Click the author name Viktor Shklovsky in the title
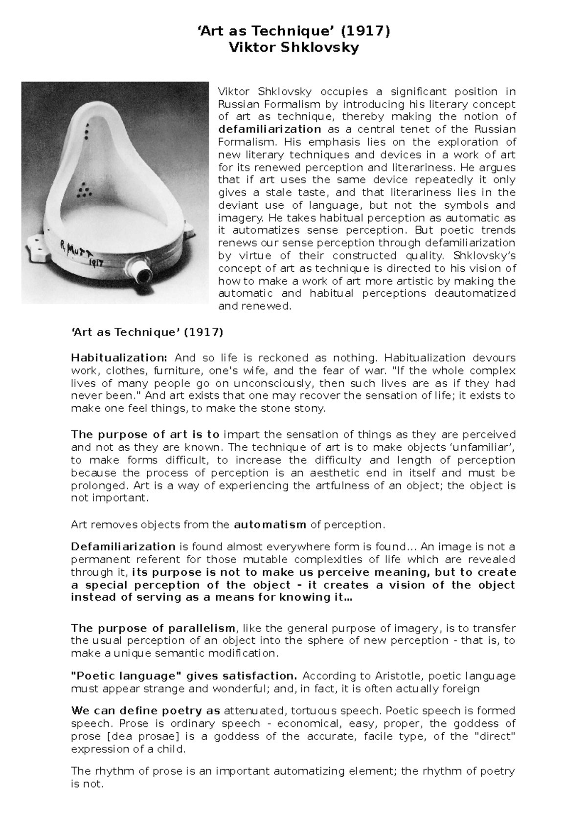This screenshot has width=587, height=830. point(293,48)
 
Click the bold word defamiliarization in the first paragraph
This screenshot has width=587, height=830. point(270,130)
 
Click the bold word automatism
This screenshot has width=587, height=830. point(270,525)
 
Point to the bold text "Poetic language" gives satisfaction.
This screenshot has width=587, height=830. point(184,676)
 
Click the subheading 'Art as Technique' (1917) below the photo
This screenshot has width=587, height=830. point(147,332)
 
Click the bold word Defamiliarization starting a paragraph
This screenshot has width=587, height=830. point(123,546)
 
